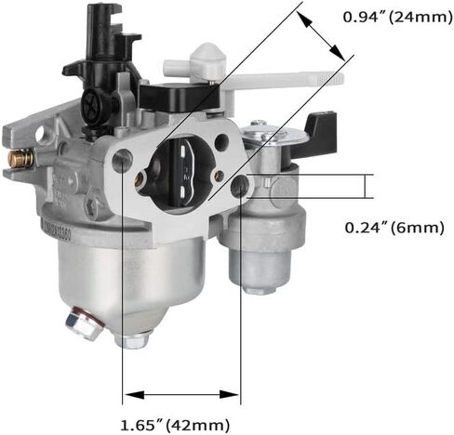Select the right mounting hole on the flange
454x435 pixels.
pos(244,185)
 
